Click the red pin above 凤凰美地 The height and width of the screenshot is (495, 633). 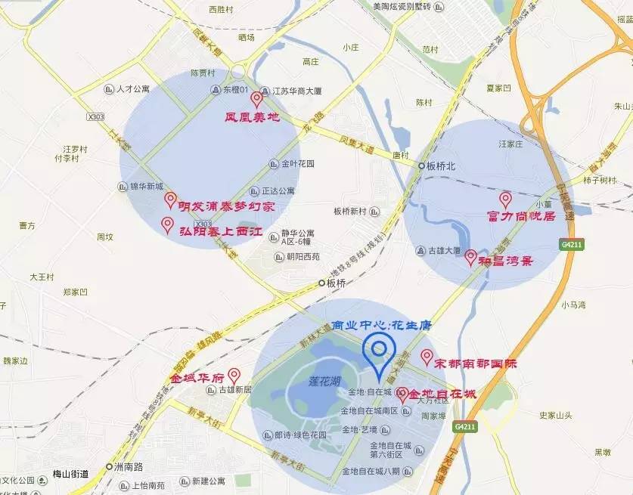[x=256, y=99]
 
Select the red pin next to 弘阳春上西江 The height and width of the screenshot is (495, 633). [x=168, y=224]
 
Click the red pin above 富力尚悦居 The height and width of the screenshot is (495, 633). [x=505, y=200]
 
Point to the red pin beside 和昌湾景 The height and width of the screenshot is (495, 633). [x=470, y=257]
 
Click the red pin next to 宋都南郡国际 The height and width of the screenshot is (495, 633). [x=427, y=357]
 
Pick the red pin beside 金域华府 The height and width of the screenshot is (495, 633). [x=234, y=375]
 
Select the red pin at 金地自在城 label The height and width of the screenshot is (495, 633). [x=402, y=394]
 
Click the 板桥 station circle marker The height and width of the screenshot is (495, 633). [x=321, y=283]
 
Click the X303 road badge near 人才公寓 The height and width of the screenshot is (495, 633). [x=95, y=117]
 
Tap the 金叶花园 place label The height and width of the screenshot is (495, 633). [x=297, y=164]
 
